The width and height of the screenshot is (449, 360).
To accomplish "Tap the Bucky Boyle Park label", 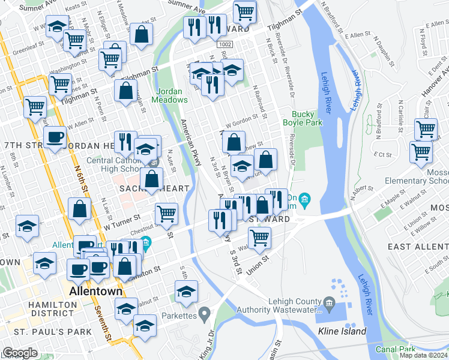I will (x=307, y=118).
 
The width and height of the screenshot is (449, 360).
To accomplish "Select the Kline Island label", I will (x=342, y=331).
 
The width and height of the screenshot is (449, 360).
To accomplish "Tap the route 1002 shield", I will (x=225, y=45).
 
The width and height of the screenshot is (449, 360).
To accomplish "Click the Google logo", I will (x=20, y=353).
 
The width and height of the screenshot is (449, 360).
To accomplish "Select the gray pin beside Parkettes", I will (x=205, y=313).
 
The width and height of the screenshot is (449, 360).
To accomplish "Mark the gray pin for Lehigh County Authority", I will (x=329, y=302).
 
